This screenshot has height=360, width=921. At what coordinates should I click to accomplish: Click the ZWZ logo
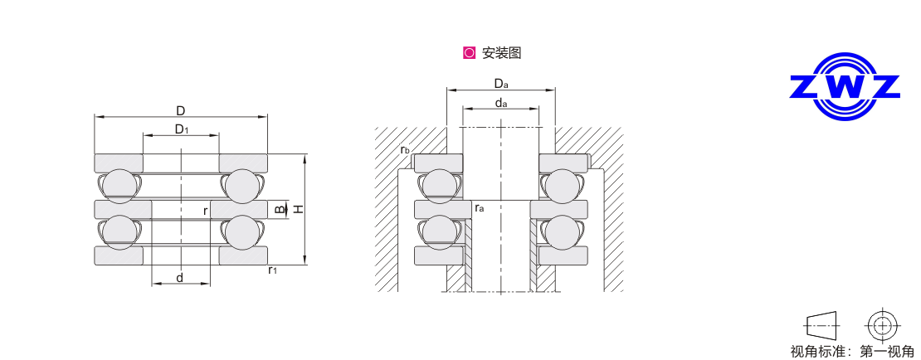tap(845, 87)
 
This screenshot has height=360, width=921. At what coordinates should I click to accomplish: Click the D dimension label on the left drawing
tap(181, 110)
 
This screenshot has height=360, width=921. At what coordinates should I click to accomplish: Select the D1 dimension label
tap(182, 129)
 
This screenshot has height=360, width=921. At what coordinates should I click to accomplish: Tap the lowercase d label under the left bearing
tap(180, 278)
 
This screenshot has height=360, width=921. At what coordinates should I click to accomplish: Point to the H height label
tap(299, 208)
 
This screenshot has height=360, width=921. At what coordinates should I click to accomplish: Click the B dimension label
tap(280, 209)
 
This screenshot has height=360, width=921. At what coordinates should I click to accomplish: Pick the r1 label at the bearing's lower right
tap(272, 270)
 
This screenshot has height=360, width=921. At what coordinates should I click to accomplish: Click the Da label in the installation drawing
tap(500, 84)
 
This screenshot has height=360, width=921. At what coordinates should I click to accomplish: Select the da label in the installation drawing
tap(500, 104)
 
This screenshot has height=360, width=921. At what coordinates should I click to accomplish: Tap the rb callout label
tap(405, 150)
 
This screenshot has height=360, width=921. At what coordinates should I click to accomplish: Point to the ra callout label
tap(480, 208)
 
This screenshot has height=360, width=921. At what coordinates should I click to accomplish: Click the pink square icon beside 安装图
tap(469, 53)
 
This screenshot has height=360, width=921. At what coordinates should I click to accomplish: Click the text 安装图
tap(502, 53)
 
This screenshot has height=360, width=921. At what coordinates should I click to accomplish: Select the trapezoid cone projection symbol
tap(821, 325)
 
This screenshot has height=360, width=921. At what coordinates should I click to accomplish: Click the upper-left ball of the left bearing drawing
tap(119, 186)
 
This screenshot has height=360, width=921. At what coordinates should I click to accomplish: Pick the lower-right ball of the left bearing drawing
tap(242, 232)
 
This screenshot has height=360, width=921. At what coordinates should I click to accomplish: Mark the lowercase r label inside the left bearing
tap(205, 211)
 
